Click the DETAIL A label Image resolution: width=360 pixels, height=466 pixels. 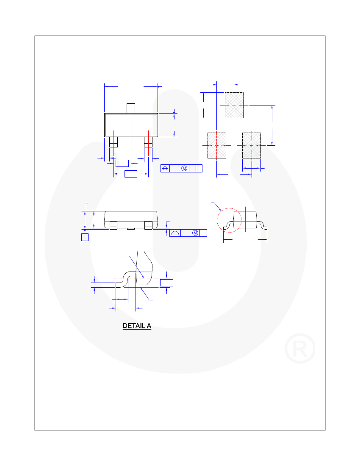coord(137,326)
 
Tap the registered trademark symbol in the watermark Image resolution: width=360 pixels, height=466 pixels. coord(300,348)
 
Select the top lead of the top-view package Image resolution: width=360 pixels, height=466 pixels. coord(131,108)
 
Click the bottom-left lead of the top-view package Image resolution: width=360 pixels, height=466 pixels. coord(114,142)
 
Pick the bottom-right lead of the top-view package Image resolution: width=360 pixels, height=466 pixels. coord(148,142)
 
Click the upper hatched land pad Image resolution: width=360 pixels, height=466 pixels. coord(234,105)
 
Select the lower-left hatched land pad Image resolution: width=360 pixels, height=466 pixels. coord(217,145)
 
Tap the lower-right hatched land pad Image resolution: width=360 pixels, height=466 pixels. coord(252,145)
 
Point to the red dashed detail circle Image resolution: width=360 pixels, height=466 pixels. coord(217,220)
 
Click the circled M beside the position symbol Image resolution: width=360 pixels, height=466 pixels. coord(184,169)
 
